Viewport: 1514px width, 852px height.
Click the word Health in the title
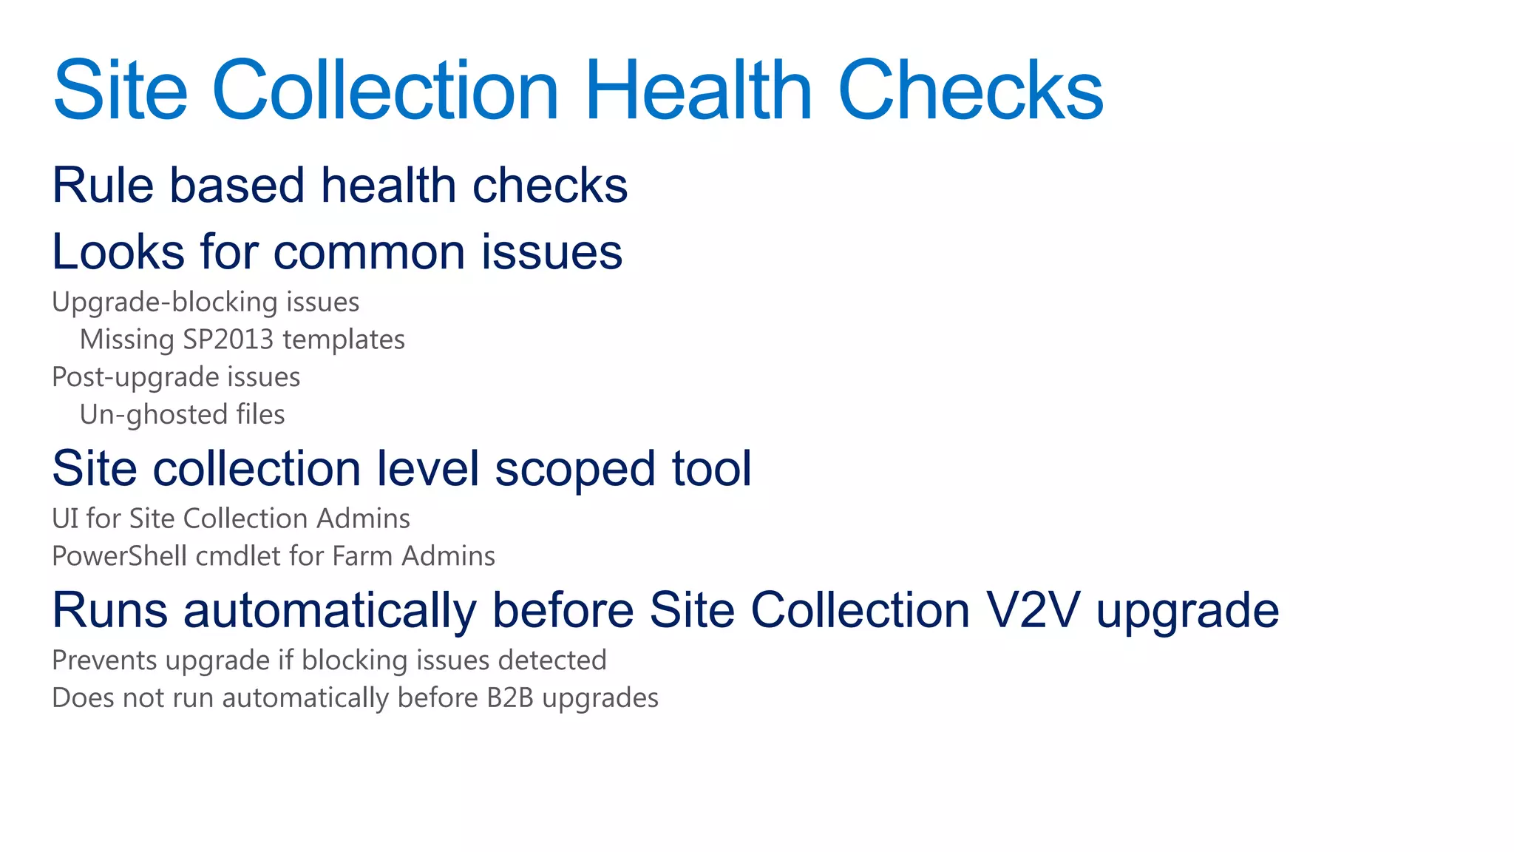click(x=699, y=90)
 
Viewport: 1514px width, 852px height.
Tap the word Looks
click(x=118, y=252)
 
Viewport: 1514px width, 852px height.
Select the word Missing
click(x=126, y=339)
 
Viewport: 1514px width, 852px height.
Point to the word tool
click(x=711, y=469)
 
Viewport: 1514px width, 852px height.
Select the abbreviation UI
click(x=64, y=518)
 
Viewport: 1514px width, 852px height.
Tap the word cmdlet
click(x=238, y=556)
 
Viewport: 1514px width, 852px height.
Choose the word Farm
click(x=361, y=556)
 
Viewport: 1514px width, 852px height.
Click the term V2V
click(x=1033, y=611)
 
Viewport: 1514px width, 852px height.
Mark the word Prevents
click(x=104, y=660)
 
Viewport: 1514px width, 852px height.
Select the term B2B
click(x=509, y=698)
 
